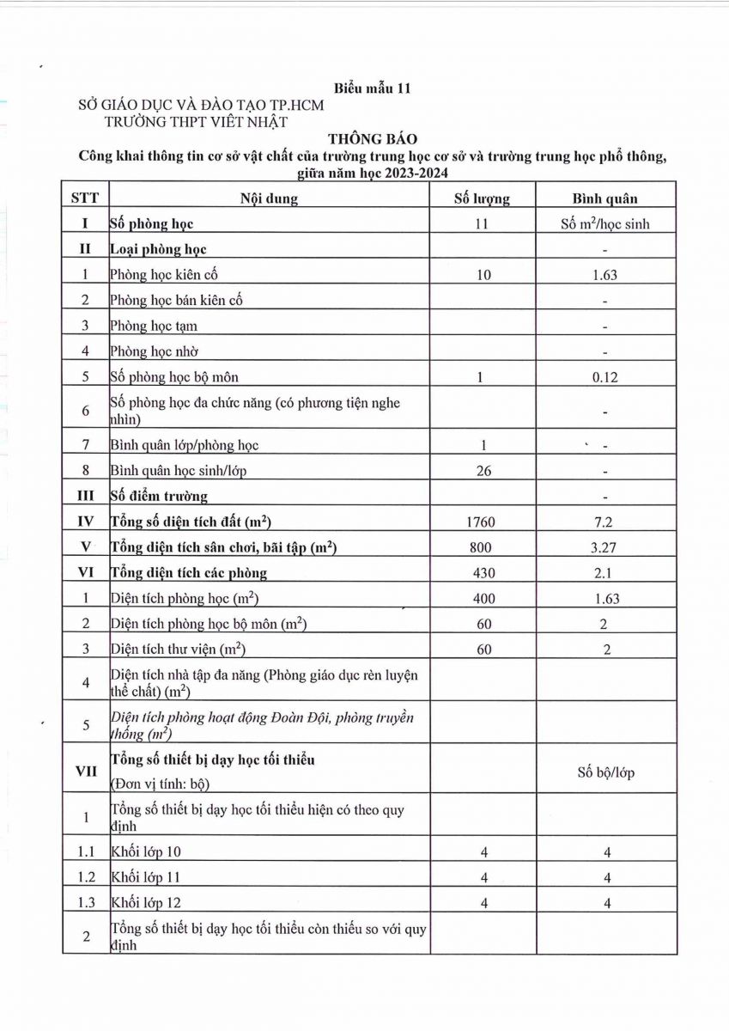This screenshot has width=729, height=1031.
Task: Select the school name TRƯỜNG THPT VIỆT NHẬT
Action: [x=196, y=121]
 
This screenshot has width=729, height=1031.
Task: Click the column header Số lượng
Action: [x=482, y=198]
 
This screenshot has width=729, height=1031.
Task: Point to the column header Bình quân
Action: [x=605, y=198]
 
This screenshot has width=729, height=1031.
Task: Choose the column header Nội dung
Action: [x=269, y=198]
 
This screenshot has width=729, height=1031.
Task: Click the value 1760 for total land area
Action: [x=481, y=522]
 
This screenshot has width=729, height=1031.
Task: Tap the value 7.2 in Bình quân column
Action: [x=605, y=522]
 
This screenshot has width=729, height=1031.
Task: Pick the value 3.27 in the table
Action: [x=605, y=547]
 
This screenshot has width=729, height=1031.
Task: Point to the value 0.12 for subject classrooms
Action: [x=605, y=377]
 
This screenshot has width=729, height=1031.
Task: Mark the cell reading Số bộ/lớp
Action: [x=605, y=772]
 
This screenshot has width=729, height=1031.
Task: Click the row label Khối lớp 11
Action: [x=146, y=877]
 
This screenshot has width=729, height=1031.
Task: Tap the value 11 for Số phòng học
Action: [x=482, y=224]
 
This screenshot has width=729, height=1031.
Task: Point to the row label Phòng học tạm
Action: [x=154, y=326]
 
